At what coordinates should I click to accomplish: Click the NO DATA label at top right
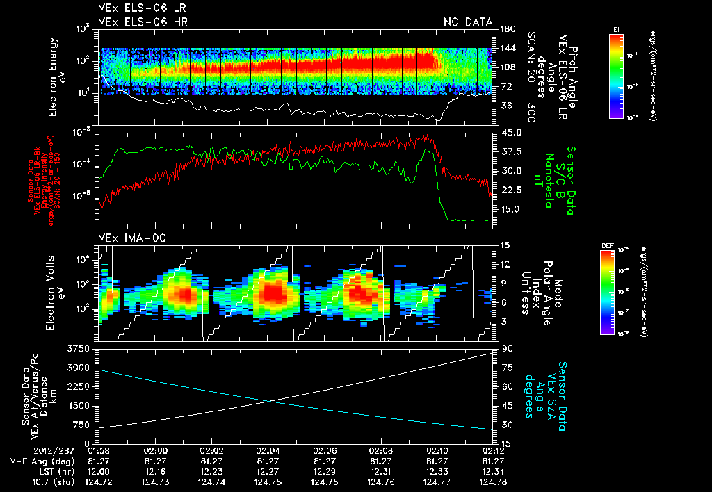tap(468, 22)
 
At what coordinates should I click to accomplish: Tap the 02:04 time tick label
tap(268, 450)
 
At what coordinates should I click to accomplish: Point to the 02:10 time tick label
tap(437, 450)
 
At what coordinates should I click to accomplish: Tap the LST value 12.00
tap(99, 471)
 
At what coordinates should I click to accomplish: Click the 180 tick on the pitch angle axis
tap(506, 29)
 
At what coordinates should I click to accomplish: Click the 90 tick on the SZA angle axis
tap(505, 348)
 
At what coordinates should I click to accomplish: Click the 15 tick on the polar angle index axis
tap(505, 245)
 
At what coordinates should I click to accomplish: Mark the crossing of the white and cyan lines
tap(270, 400)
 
